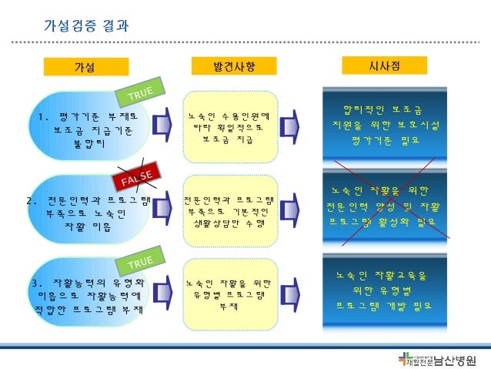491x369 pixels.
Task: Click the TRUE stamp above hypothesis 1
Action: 140,92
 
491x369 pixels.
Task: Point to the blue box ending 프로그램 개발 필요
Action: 386,289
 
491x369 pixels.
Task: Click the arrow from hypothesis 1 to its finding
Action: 165,128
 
